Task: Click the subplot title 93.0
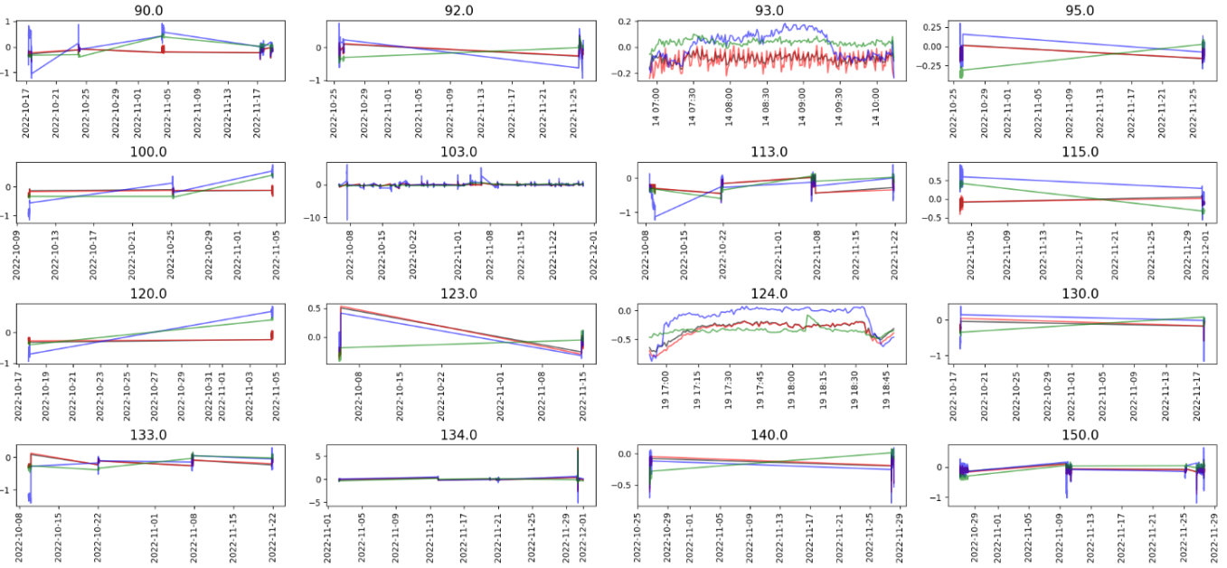(769, 10)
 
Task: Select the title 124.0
(769, 294)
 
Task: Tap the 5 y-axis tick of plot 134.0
(317, 457)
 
